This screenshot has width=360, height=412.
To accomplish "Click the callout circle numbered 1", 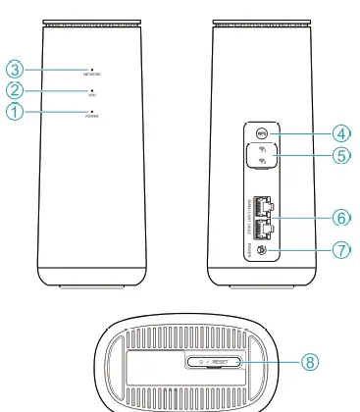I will [x=15, y=112].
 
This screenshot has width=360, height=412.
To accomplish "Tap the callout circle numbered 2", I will [x=15, y=90].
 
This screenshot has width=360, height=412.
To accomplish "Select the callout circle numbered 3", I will [x=15, y=69].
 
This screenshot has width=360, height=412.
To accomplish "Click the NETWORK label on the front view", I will [x=91, y=76].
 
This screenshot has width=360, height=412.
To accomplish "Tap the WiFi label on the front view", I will [x=91, y=95].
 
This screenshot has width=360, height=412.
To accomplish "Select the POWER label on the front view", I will [x=91, y=117].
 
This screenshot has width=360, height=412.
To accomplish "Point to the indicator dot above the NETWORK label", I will [x=91, y=69].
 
